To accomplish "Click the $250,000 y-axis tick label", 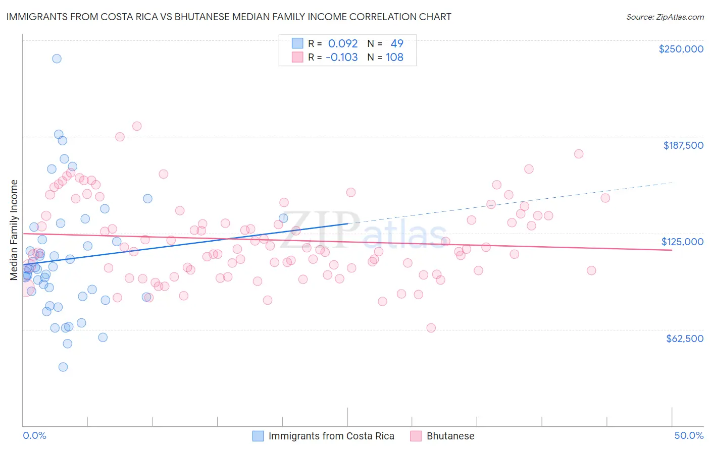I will [681, 49].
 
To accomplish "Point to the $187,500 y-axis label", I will [683, 145].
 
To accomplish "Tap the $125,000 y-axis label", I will [682, 242].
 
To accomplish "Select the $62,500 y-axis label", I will [684, 339].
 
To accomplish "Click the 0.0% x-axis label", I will [34, 435].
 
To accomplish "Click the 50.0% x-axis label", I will [689, 435].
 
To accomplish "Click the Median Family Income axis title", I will [14, 230].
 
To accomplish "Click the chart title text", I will [229, 17].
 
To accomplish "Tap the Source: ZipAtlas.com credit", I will [665, 17].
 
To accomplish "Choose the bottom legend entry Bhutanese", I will [450, 436].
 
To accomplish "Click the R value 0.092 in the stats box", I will [343, 43].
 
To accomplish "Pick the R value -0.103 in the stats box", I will [341, 57].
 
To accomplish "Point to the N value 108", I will [394, 57].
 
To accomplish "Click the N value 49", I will [397, 43].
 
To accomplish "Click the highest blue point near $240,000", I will [57, 59].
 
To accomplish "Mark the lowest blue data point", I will [63, 367].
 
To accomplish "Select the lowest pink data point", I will [431, 328].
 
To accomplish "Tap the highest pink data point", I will [136, 126].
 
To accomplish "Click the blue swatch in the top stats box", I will [297, 43].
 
